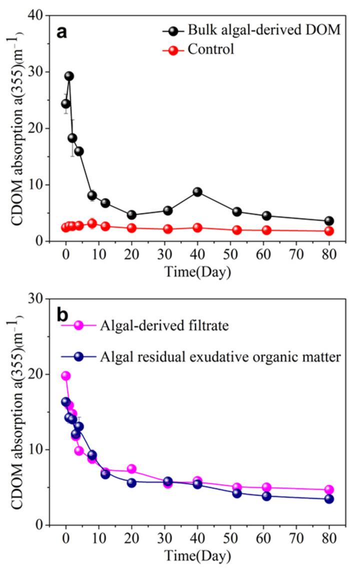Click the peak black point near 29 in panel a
[69, 76]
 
